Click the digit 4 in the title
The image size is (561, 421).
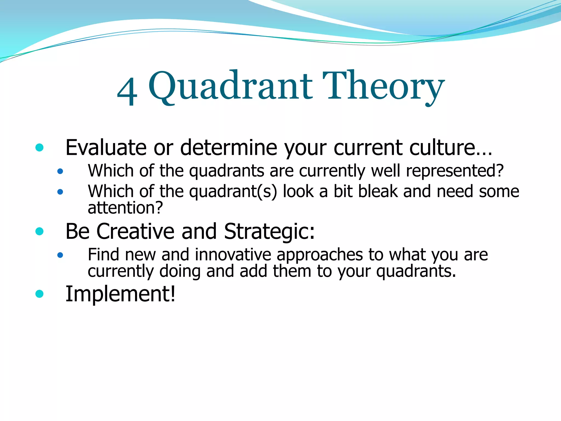127,92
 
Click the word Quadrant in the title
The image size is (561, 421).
230,86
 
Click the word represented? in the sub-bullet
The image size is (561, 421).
455,171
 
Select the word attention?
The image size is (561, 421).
125,208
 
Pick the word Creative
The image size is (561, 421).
135,231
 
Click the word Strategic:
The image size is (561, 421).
269,232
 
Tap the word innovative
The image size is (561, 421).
233,255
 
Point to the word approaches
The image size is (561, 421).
320,255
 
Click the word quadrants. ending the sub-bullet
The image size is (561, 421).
416,271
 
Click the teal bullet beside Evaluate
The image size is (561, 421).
39,148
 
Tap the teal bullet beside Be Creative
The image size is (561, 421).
39,231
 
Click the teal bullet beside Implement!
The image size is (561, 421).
39,294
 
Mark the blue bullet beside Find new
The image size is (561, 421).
60,255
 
